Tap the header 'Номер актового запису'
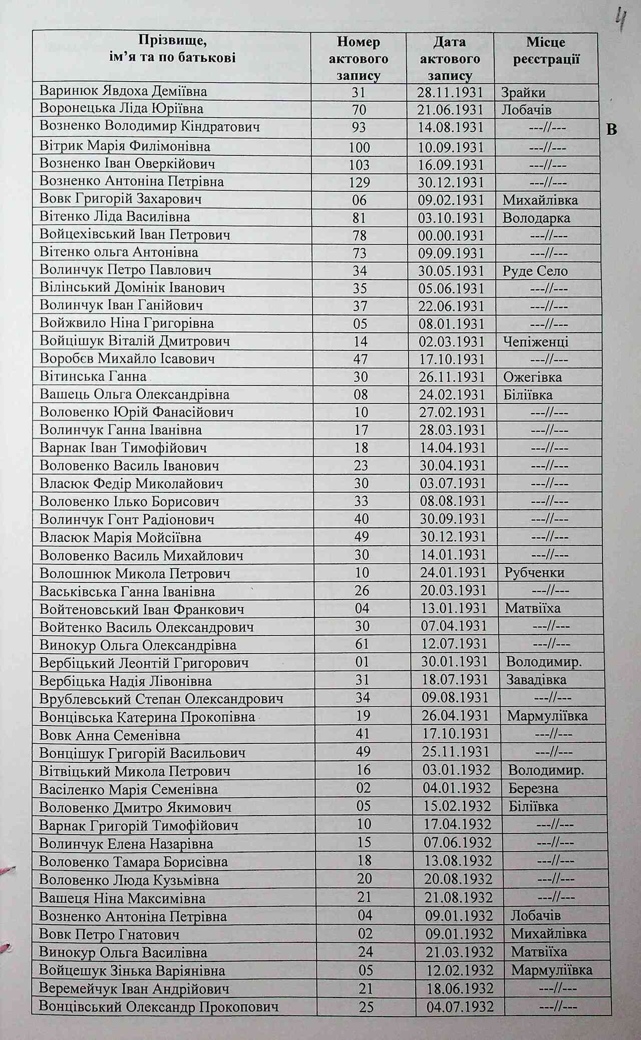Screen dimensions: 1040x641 tap(358, 59)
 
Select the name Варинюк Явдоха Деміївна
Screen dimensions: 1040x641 tap(123, 92)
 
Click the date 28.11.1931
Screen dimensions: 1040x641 tap(450, 93)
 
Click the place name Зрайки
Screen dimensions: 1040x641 tap(523, 93)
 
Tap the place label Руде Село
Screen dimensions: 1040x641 tap(535, 271)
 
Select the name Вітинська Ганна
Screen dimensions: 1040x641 tap(93, 376)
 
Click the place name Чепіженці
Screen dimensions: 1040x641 tap(536, 342)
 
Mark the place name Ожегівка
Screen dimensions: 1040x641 tap(533, 377)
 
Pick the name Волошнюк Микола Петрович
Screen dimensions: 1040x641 tap(135, 573)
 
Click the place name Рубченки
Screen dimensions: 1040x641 tap(535, 573)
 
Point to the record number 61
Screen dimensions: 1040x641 tap(362, 645)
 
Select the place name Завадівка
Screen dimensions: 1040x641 tap(536, 680)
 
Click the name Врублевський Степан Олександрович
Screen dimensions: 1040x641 tap(161, 699)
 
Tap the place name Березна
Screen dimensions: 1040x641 tap(533, 788)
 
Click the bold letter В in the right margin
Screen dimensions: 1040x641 tap(611, 130)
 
